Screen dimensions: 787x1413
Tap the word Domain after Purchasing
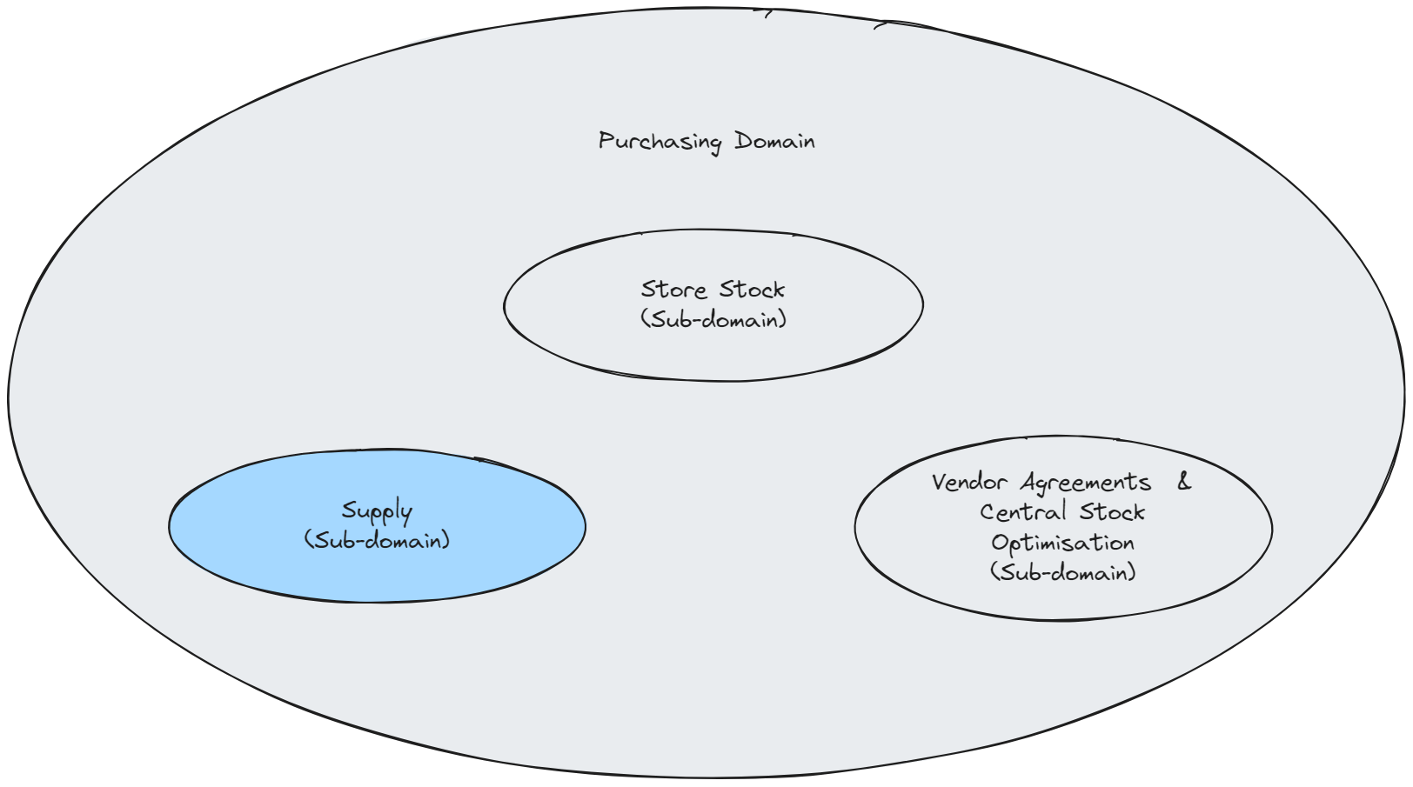click(x=774, y=141)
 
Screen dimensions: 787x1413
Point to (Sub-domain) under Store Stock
click(x=713, y=319)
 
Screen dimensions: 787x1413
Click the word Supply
click(x=377, y=511)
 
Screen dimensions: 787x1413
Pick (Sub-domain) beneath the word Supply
click(x=377, y=540)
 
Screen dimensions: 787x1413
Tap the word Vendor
click(x=969, y=483)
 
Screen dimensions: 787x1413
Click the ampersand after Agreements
click(x=1184, y=482)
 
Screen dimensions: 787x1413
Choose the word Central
click(x=1023, y=512)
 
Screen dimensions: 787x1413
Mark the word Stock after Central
click(x=1112, y=512)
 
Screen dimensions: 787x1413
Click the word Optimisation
click(x=1062, y=544)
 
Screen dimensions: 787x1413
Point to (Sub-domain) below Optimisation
click(x=1062, y=572)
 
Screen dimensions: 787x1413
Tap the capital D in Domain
click(x=742, y=141)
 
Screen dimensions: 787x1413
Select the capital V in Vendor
click(x=938, y=483)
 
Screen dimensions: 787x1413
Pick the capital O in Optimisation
click(x=999, y=543)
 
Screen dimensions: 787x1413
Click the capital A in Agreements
click(x=1029, y=483)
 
